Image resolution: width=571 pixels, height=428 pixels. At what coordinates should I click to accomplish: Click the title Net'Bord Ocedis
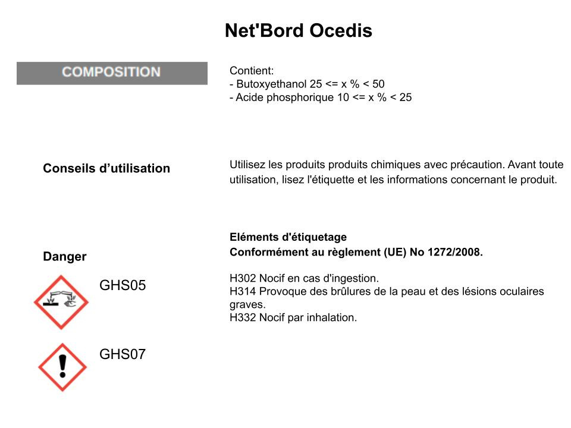tap(299, 30)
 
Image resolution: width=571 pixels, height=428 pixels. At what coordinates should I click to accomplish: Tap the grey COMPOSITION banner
tap(112, 73)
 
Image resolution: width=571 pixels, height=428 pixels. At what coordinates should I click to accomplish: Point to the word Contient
tap(251, 71)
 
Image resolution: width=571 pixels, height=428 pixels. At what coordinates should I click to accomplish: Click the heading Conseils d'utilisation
tap(106, 168)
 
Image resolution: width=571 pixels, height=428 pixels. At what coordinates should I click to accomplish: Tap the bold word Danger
tap(65, 257)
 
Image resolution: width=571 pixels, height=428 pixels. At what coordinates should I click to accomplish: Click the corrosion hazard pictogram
tap(61, 302)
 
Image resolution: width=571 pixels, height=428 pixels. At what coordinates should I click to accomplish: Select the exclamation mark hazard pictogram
tap(62, 367)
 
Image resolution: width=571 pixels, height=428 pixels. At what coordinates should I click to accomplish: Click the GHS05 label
tap(123, 285)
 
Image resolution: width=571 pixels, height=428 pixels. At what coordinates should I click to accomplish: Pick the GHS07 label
tap(123, 354)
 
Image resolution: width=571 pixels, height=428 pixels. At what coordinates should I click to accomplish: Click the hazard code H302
tap(243, 278)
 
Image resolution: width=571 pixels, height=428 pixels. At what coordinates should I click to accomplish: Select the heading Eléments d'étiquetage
tap(288, 237)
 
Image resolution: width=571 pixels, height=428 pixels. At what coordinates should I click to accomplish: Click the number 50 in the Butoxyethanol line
tap(378, 84)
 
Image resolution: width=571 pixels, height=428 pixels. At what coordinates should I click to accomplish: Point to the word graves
tap(247, 305)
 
